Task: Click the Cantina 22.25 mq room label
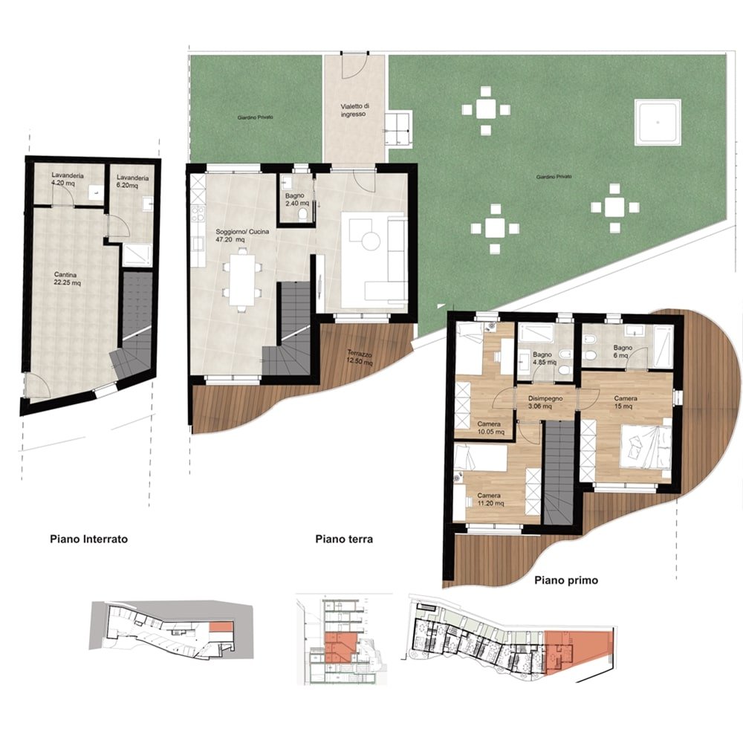[68, 279]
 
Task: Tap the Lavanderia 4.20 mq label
[68, 179]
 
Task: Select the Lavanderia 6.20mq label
[133, 181]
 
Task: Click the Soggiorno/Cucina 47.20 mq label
[242, 236]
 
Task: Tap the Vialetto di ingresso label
[354, 110]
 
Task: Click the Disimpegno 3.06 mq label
[545, 402]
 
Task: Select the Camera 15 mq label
[626, 402]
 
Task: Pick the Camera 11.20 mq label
[490, 499]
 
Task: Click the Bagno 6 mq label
[623, 351]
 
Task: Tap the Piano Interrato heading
[88, 539]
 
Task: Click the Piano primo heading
[566, 580]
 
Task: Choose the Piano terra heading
[344, 539]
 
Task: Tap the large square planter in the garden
[658, 123]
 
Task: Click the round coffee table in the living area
[371, 241]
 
